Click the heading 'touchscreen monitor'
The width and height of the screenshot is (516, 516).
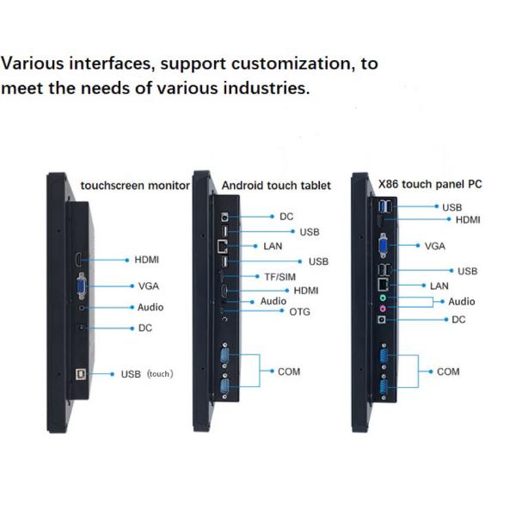[135, 185]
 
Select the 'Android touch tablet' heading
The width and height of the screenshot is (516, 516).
[276, 185]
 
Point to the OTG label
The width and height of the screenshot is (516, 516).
[299, 311]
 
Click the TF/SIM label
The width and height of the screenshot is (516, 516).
[280, 276]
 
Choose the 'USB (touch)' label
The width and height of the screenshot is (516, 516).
[147, 374]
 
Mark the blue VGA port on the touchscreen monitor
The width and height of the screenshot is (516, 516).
[81, 286]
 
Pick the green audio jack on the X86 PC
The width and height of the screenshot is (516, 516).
[384, 298]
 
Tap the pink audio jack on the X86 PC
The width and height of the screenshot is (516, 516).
[384, 308]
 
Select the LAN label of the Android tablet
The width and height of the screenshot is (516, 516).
[273, 246]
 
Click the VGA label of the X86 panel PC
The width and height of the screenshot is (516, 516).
[435, 246]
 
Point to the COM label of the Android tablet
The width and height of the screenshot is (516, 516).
[289, 372]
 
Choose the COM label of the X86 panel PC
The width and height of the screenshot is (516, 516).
[448, 372]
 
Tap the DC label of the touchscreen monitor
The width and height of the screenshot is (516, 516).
[145, 328]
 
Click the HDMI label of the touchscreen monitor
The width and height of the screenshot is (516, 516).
[146, 259]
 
